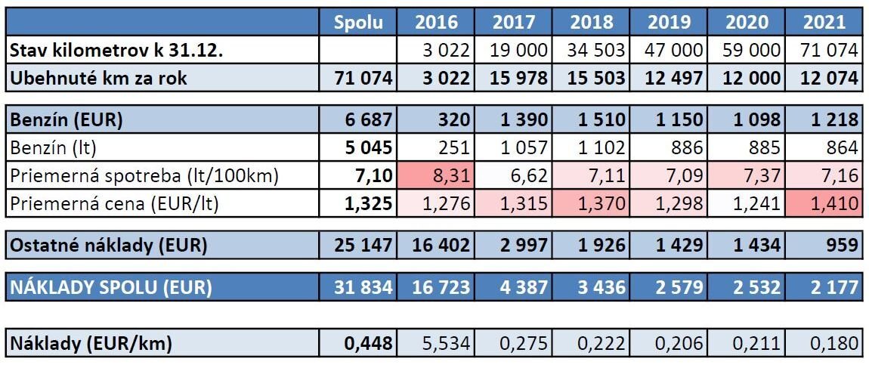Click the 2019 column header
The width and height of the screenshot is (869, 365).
click(669, 21)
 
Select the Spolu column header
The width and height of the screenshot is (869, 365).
click(358, 21)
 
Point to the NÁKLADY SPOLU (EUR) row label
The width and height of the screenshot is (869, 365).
click(110, 287)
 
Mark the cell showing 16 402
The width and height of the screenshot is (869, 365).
click(436, 245)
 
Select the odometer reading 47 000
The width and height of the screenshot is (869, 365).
click(669, 51)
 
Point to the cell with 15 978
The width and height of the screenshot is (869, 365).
click(514, 77)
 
